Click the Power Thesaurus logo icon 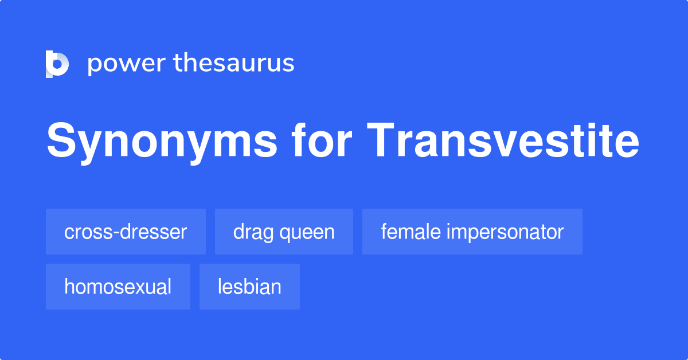[x=57, y=64]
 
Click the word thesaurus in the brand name [x=234, y=62]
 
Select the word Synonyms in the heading [x=162, y=141]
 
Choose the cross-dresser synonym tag [x=126, y=232]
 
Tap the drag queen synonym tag [x=284, y=232]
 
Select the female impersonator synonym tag [x=472, y=232]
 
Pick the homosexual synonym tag [x=118, y=287]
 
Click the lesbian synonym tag [x=249, y=287]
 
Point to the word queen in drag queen [x=307, y=233]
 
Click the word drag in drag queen [x=253, y=233]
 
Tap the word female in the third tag [x=411, y=231]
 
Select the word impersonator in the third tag [x=505, y=233]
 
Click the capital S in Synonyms [x=61, y=140]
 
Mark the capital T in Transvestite [x=380, y=140]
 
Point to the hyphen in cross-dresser [x=116, y=233]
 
